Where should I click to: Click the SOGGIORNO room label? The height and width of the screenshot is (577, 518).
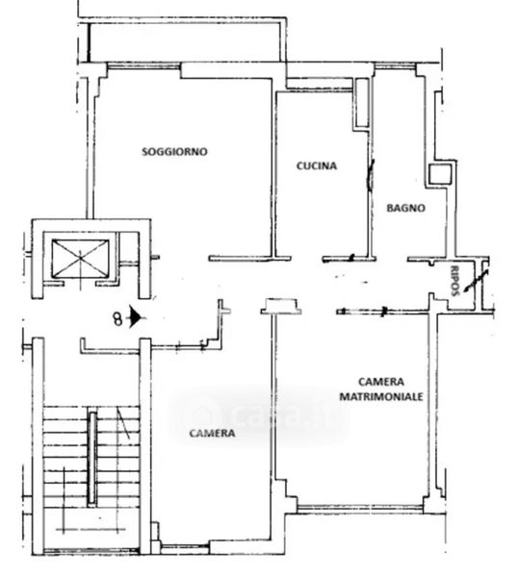coord(174,152)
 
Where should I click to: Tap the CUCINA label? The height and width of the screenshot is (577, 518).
coord(317,166)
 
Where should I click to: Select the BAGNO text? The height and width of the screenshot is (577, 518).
coord(405,209)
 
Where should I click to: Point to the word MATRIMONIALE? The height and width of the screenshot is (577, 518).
coord(381,396)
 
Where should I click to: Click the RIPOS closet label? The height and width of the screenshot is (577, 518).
coord(455,281)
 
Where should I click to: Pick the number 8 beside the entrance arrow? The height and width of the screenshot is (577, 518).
coord(117,318)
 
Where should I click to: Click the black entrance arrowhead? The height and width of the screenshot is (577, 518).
coord(135,317)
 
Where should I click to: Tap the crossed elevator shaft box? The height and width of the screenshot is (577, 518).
coord(80,259)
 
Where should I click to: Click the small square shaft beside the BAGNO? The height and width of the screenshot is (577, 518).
coord(440,174)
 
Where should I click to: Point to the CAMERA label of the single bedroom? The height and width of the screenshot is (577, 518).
coord(212,433)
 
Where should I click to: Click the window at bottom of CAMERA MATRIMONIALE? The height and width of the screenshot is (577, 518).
coord(360,509)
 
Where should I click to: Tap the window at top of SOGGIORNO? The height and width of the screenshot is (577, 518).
coord(143,66)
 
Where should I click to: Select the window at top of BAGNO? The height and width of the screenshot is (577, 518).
coord(395,66)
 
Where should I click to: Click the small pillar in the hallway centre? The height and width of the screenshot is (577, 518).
coord(281,306)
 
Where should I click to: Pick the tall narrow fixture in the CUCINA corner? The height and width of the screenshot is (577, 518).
coord(362,103)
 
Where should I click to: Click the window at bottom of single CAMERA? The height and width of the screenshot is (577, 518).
coord(185,547)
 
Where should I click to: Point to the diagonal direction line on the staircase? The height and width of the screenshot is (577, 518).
coord(123,423)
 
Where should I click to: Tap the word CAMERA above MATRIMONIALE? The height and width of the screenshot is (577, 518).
coord(381,382)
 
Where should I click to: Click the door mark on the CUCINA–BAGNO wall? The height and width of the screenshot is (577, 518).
coord(371,175)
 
